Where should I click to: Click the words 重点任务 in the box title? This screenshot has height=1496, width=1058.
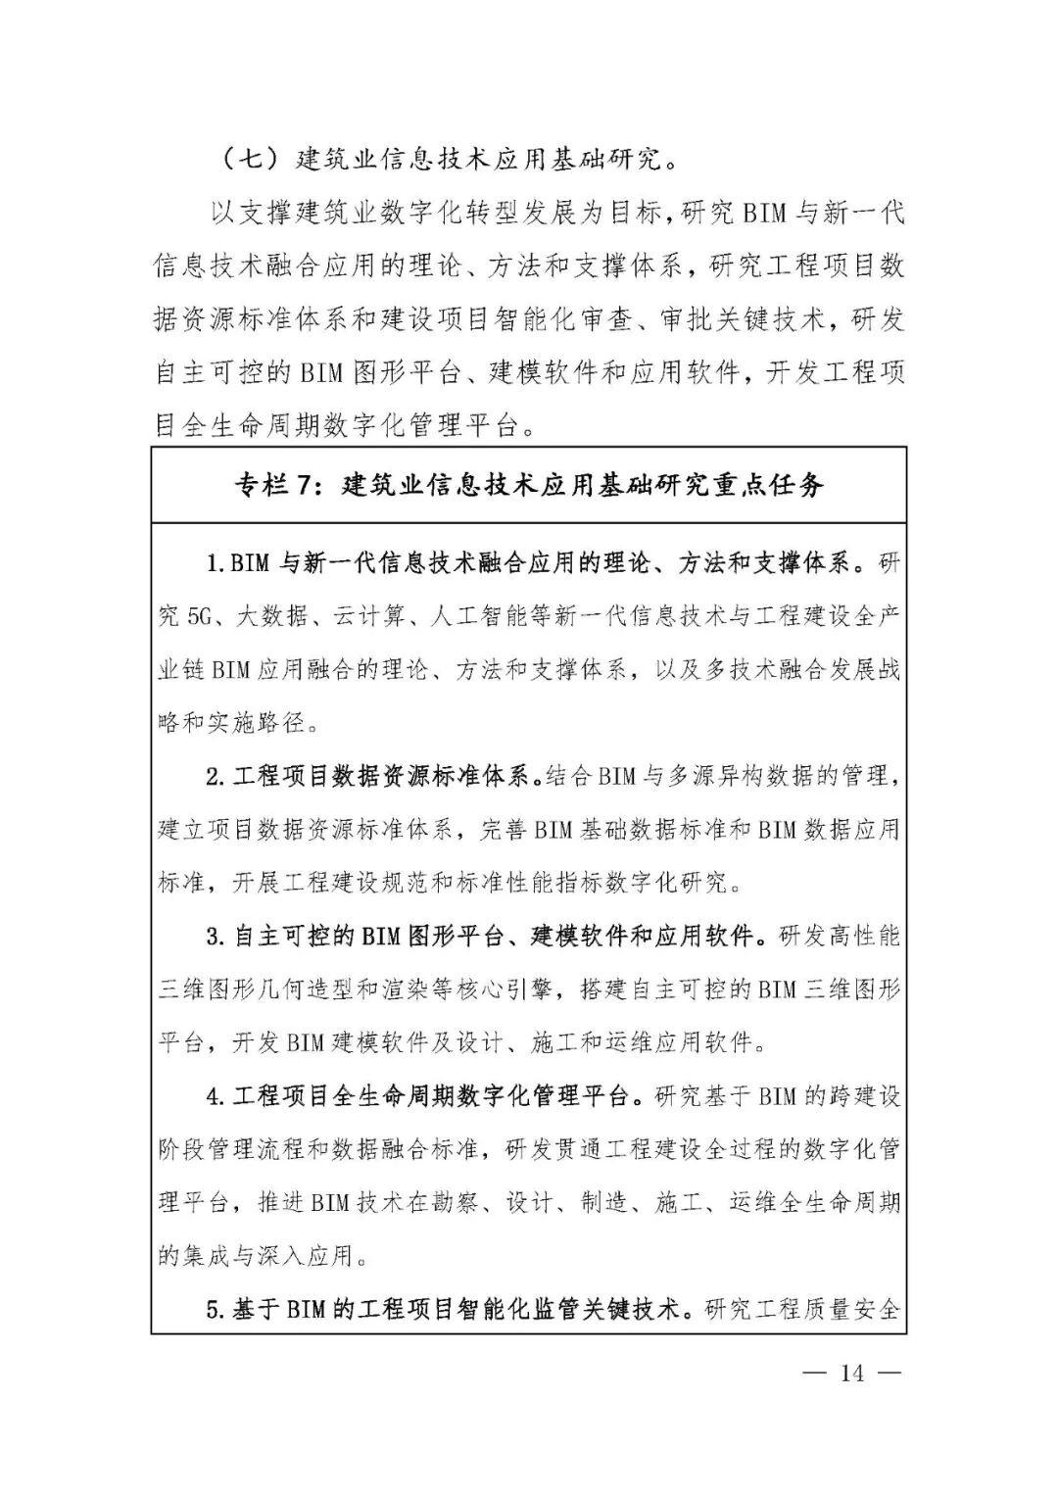tap(769, 484)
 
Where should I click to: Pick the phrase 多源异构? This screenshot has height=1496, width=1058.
tap(713, 777)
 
